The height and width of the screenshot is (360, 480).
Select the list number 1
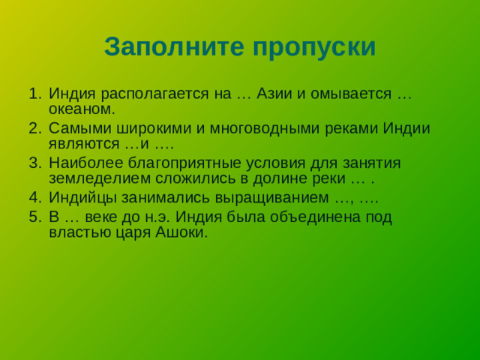34,94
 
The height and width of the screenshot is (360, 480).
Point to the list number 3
34,163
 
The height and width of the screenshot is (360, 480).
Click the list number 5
34,216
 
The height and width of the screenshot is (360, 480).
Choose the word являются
81,145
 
